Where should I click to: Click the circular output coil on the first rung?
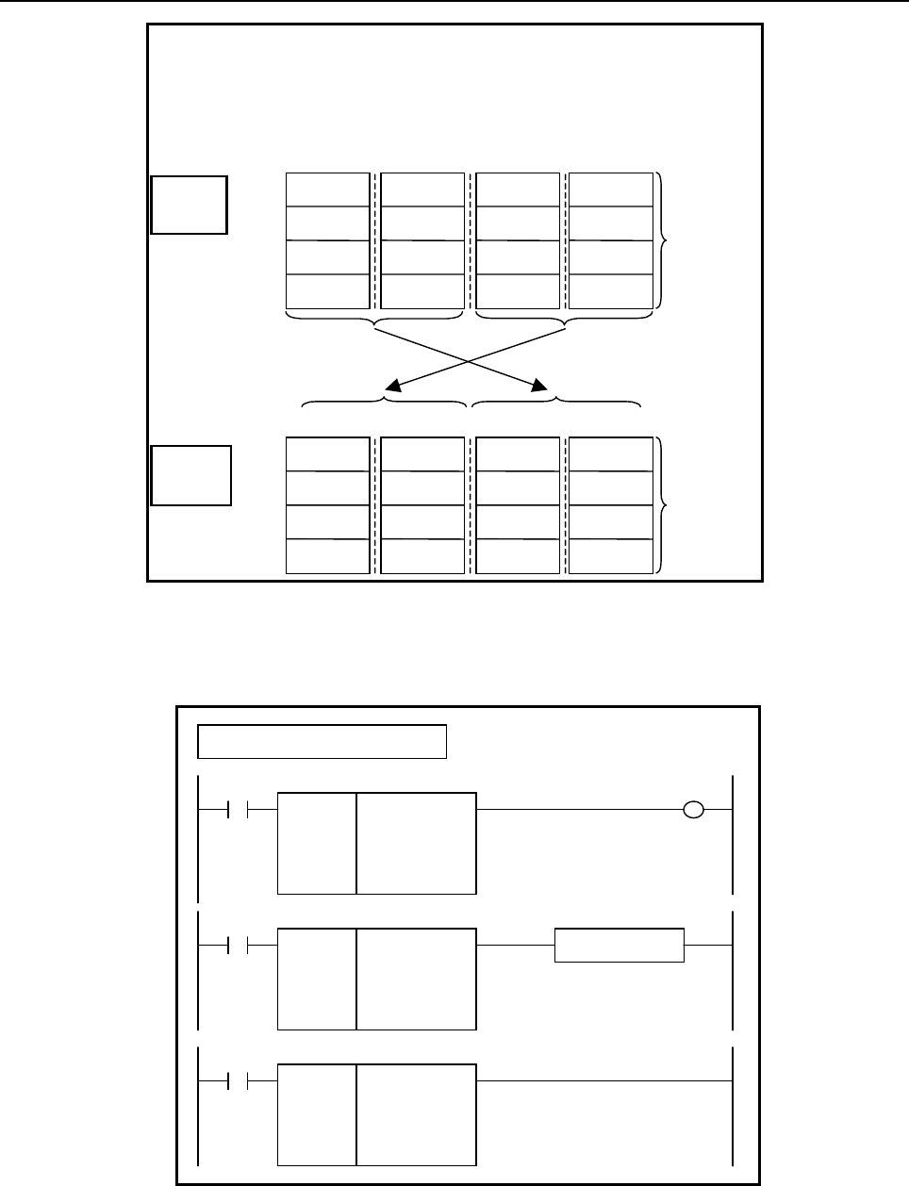tap(693, 809)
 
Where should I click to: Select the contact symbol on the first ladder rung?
tap(238, 809)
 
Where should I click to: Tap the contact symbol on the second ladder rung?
tap(238, 945)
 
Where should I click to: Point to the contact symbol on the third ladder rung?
tap(238, 1080)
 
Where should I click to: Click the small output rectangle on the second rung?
tap(619, 945)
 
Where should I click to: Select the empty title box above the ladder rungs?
tap(321, 741)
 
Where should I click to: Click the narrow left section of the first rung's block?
tap(317, 843)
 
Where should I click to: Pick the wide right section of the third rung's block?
tap(417, 1114)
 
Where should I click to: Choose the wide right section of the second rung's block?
tap(417, 979)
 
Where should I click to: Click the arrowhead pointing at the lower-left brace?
tap(393, 386)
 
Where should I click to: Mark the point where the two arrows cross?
tap(469, 360)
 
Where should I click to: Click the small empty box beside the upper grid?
tap(189, 204)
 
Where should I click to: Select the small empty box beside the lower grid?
tap(191, 475)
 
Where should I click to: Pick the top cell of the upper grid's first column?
tap(327, 189)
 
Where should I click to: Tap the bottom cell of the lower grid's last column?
tap(611, 556)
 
